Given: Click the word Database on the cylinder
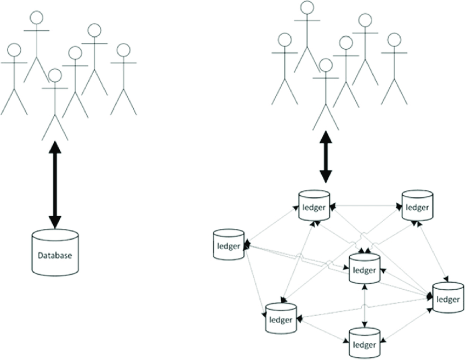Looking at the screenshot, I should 55,255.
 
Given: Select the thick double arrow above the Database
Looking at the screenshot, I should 54,184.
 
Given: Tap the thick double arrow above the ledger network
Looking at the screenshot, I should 326,157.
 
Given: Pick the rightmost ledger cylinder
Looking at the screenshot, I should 448,297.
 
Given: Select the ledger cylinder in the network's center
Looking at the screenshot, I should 365,269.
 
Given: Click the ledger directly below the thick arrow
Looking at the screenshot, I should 314,206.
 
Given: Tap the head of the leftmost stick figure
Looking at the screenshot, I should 14,50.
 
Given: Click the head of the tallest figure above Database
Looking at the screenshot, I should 36,17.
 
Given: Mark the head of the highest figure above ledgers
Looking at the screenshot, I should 308,8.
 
